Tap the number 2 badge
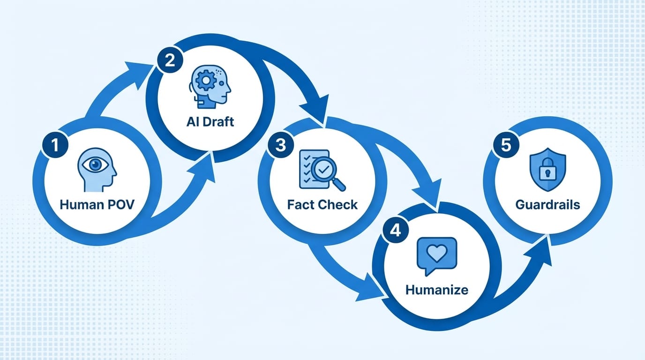(x=170, y=62)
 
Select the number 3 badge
(x=280, y=145)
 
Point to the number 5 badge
(x=506, y=145)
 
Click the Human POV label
(x=97, y=204)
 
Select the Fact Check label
(x=322, y=204)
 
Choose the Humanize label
(x=436, y=289)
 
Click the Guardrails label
(x=547, y=204)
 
